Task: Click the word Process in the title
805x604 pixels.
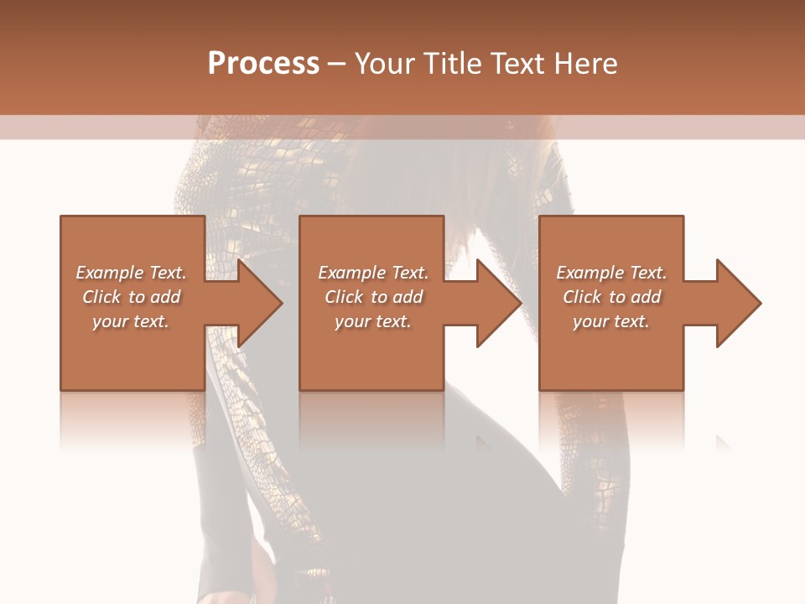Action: (263, 64)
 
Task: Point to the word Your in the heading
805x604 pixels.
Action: (387, 64)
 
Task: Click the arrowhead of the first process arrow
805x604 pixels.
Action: (259, 303)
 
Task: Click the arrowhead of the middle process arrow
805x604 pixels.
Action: (498, 303)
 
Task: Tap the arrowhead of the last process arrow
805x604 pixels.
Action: (738, 303)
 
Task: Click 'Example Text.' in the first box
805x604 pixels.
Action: (131, 273)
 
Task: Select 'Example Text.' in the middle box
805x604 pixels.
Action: (373, 273)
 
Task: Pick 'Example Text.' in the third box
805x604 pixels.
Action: (611, 273)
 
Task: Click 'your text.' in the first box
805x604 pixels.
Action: (131, 321)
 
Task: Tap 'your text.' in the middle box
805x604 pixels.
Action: (373, 321)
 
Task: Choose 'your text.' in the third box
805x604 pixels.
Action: (611, 321)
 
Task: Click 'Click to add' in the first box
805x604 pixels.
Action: (131, 297)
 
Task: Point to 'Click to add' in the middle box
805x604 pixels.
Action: (373, 297)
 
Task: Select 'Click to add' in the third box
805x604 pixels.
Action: (611, 297)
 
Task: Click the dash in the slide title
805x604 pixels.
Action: (336, 65)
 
